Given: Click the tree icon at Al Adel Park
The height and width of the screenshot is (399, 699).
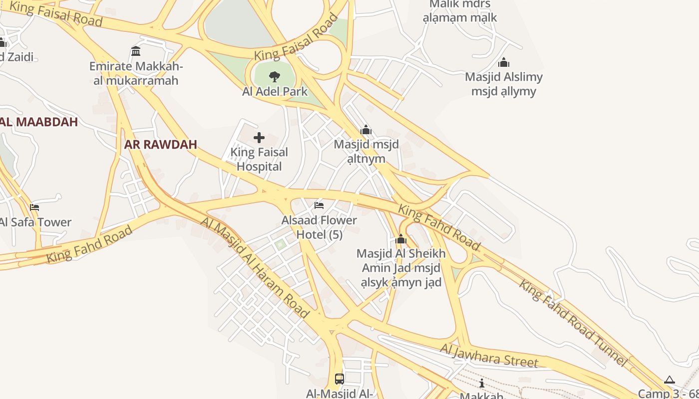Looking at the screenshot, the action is click(274, 77).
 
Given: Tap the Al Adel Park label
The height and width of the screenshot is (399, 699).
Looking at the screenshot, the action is click(275, 92).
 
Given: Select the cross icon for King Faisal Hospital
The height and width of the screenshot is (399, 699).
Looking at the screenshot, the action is click(259, 138).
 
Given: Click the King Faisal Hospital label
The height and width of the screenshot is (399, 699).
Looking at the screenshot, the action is click(259, 159).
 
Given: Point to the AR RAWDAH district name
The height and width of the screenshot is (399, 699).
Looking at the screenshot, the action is click(161, 145).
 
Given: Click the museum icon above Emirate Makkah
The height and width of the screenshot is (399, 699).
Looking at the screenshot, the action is click(136, 51).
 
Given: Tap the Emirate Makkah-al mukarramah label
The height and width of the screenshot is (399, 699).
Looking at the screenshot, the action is click(136, 73).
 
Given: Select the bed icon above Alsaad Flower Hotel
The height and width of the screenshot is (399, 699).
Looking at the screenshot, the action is click(319, 205).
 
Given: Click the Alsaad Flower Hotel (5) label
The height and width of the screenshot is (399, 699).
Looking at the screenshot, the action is click(320, 227).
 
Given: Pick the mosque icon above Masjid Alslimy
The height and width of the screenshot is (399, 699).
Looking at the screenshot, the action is click(504, 62).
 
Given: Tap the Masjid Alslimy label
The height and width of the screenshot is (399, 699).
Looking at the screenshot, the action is click(504, 84).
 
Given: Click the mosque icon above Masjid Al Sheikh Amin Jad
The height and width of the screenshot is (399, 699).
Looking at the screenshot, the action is click(401, 239).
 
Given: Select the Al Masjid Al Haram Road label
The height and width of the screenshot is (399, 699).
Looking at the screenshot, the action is click(255, 267).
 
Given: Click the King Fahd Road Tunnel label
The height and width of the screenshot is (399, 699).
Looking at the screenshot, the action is click(573, 323).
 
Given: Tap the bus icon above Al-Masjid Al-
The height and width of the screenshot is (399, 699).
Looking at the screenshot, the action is click(340, 379).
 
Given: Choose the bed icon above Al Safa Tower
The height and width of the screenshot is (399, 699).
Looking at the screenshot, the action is click(34, 207).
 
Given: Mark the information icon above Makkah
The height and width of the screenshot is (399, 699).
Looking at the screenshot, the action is click(481, 383).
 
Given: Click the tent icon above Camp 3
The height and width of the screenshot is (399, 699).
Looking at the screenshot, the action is click(670, 380).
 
